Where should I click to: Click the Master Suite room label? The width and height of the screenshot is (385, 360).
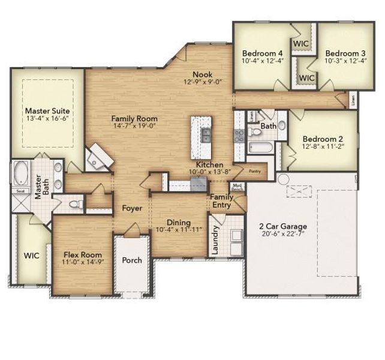(x=47, y=111)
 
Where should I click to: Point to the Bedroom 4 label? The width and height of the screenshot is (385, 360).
(x=263, y=52)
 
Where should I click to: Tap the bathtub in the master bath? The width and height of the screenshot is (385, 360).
(x=22, y=174)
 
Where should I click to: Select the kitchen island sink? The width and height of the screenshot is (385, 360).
(x=206, y=133)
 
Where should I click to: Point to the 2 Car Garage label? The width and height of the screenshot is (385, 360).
(x=283, y=226)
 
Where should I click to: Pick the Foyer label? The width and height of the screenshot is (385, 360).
(x=131, y=209)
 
